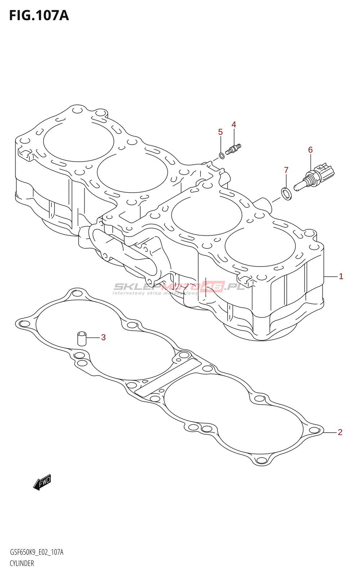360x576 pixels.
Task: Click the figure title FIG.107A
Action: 39,16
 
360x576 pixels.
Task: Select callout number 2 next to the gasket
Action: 340,432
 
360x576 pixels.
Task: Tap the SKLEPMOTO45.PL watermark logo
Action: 179,287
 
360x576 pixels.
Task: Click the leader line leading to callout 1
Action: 330,277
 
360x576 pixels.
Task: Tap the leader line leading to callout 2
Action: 329,432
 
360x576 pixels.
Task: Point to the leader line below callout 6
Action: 311,162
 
